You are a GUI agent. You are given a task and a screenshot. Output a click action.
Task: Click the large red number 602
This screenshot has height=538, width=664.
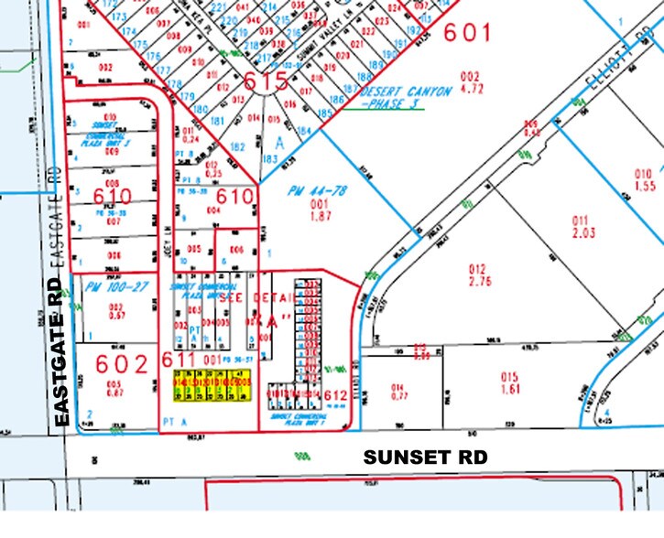click(x=114, y=363)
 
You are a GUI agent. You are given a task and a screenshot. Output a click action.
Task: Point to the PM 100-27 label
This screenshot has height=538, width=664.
click(x=103, y=288)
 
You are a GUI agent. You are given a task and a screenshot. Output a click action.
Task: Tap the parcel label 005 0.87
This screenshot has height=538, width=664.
click(x=114, y=387)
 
